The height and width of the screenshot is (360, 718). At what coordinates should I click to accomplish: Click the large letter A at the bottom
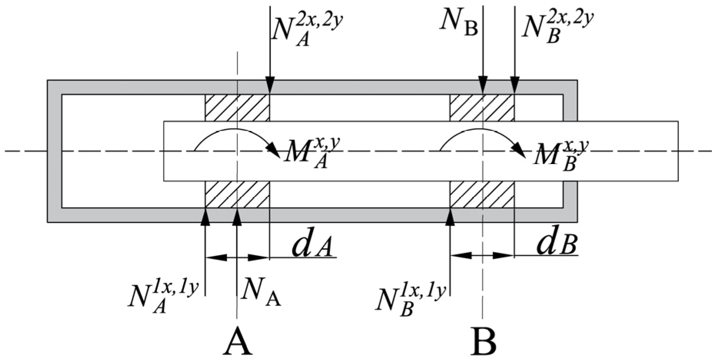coord(238,341)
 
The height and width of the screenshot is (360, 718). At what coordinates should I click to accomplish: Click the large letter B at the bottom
coord(483,341)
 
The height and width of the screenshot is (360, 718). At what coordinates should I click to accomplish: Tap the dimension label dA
coord(312,246)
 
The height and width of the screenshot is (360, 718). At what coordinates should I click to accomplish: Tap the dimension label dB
coord(556,244)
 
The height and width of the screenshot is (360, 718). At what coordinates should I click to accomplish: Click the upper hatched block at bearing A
coord(237,108)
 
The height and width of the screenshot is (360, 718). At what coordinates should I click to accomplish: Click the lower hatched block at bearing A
coord(237,194)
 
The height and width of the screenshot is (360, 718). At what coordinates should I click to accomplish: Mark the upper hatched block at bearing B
coord(482,108)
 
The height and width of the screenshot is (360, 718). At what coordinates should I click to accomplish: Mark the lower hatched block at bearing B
coord(482,194)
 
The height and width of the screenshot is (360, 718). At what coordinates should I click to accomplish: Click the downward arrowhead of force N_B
coord(483,85)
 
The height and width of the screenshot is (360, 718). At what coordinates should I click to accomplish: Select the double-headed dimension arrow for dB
coord(482,255)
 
